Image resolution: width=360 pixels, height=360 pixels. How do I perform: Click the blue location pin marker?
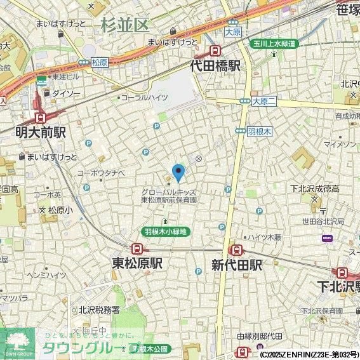[179, 171]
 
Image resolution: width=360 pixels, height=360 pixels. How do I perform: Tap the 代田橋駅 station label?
[216, 65]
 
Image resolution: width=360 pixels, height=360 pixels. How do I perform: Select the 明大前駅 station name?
[41, 133]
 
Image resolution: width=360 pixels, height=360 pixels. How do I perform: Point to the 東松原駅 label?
[137, 263]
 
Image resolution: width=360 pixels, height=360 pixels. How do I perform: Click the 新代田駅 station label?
[236, 264]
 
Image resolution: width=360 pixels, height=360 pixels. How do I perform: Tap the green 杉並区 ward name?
[124, 25]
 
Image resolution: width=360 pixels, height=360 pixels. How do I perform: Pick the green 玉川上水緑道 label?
[273, 43]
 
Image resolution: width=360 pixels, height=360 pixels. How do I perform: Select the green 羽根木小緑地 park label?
[164, 232]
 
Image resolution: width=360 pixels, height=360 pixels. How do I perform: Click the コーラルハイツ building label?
[144, 97]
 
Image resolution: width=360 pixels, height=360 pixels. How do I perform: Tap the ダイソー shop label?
[66, 93]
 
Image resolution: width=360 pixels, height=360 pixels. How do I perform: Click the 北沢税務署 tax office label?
[99, 310]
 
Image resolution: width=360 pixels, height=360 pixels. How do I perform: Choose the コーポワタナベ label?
[101, 172]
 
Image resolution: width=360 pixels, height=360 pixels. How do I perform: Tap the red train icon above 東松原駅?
[137, 249]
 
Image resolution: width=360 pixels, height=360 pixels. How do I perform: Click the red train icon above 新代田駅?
[236, 250]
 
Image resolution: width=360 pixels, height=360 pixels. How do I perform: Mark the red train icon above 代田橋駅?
[216, 51]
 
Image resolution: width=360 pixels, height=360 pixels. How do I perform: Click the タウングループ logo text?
[89, 348]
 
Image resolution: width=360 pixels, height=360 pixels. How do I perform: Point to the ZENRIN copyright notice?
[309, 354]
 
